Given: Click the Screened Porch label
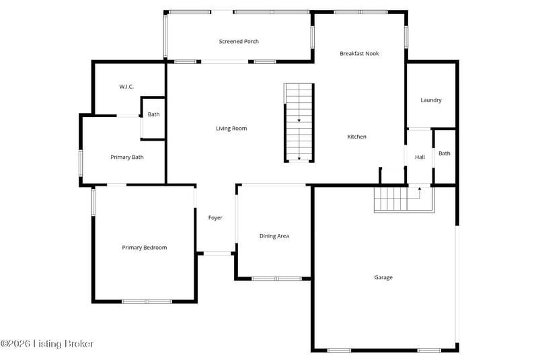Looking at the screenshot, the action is [239, 42].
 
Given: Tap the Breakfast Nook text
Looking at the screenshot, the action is [359, 54].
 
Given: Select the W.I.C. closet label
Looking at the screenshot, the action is [126, 87].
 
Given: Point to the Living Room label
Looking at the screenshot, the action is [231, 129].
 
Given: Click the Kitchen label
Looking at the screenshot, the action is [357, 137].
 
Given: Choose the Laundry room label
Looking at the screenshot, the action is [431, 100].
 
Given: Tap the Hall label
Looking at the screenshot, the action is [420, 157].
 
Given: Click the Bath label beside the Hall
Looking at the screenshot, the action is [445, 153].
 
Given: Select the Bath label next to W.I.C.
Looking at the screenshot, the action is [154, 114].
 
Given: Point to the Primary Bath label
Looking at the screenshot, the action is [127, 157].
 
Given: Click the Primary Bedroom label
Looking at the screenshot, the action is [145, 248].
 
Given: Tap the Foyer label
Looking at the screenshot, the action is [215, 217].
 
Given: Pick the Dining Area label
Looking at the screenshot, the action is [274, 236].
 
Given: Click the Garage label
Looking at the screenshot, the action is [383, 277].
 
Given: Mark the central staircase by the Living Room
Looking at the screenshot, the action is [299, 122].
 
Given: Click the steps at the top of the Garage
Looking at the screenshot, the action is [404, 199].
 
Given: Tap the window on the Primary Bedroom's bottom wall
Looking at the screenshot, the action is [147, 301].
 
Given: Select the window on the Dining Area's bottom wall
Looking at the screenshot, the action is [276, 279].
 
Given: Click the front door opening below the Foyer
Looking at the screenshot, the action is [217, 254].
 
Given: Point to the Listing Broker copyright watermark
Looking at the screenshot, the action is [47, 344].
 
